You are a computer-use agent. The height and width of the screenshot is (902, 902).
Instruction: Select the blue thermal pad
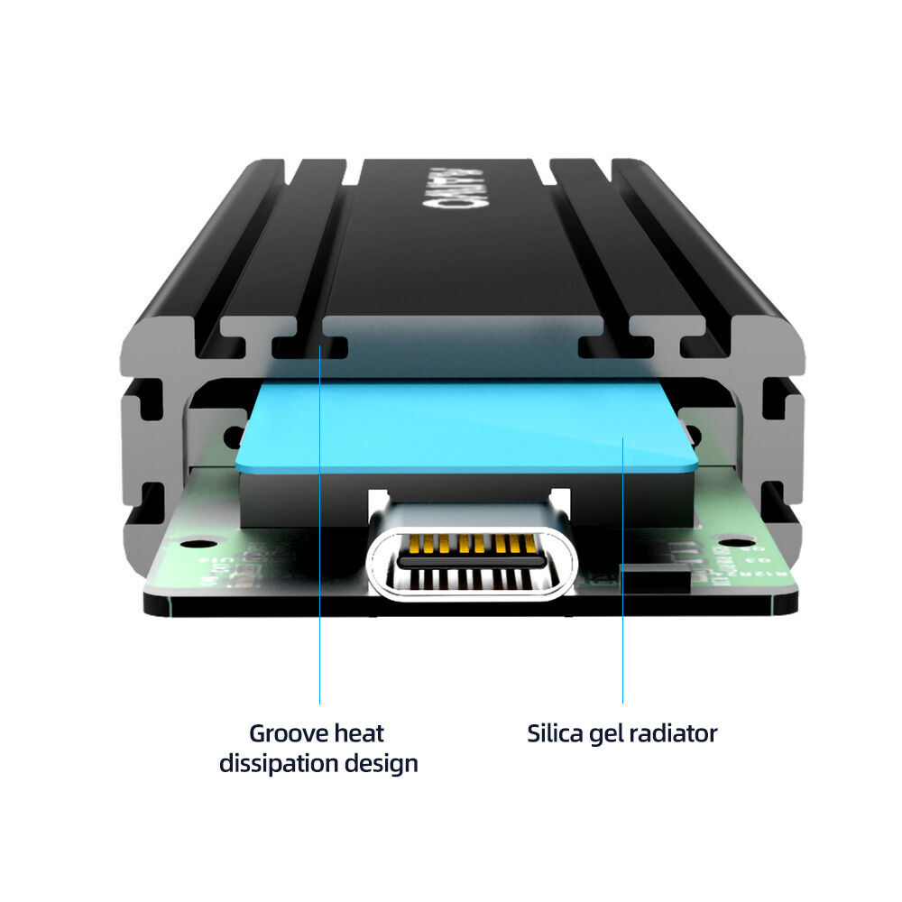pyautogui.click(x=469, y=424)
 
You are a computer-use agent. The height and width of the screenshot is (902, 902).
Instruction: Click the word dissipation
pyautogui.click(x=280, y=763)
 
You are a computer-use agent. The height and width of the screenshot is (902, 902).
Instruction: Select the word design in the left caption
pyautogui.click(x=382, y=763)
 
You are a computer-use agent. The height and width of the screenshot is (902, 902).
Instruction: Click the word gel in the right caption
pyautogui.click(x=605, y=733)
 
